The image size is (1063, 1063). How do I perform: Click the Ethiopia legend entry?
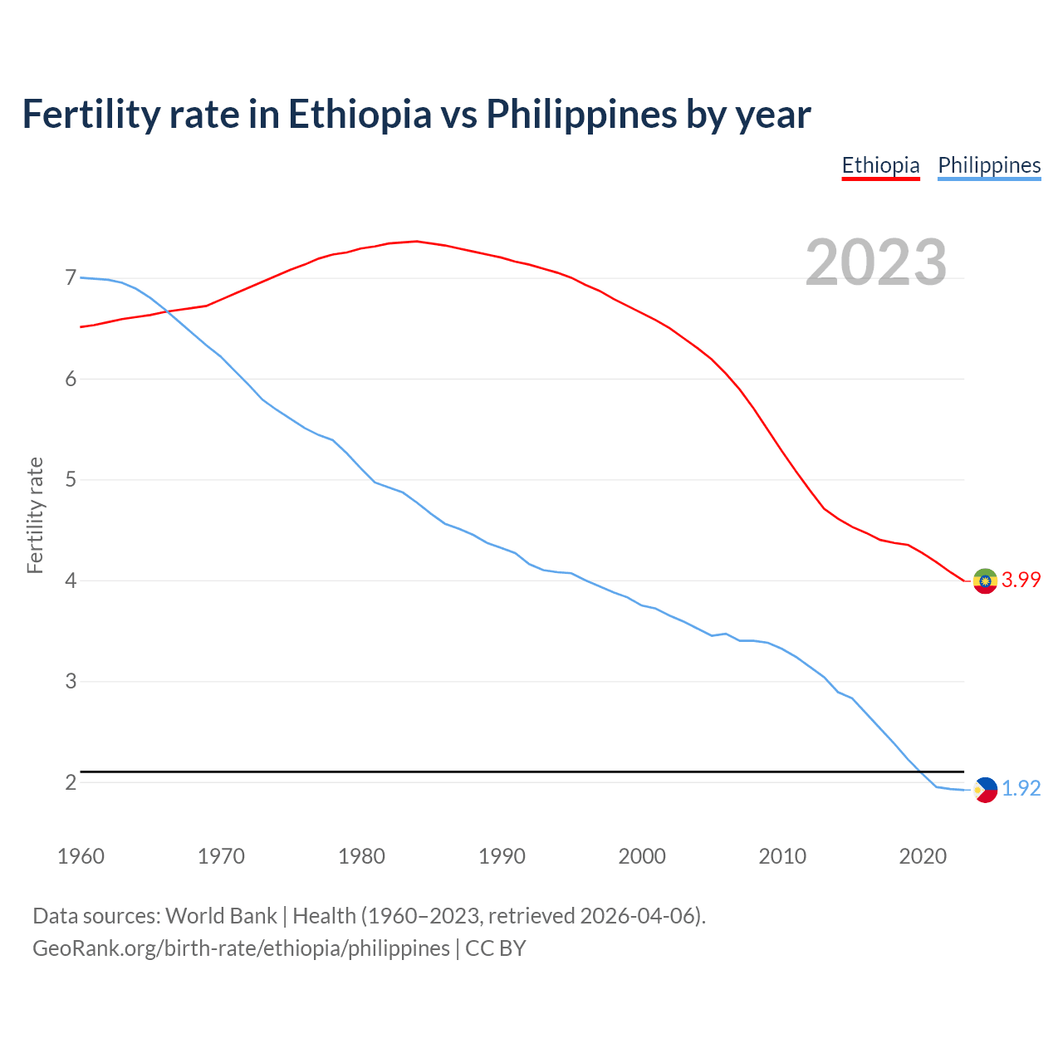[x=880, y=165]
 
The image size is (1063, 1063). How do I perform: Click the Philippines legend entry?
[x=989, y=165]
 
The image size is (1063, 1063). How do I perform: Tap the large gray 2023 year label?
[x=875, y=262]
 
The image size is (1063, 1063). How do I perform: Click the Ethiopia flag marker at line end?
[x=985, y=580]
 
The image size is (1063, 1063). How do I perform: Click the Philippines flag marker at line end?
[x=985, y=789]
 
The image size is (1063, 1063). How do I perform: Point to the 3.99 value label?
[x=1021, y=580]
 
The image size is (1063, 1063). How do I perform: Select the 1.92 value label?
[x=1021, y=789]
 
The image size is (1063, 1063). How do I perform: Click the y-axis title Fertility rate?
[x=35, y=515]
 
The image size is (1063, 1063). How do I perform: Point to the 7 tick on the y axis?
[x=71, y=278]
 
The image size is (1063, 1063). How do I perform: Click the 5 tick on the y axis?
[x=71, y=480]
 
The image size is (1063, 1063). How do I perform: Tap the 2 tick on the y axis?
[x=71, y=782]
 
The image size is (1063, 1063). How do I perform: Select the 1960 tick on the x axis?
[x=81, y=856]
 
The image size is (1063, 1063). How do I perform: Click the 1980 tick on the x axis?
[x=361, y=856]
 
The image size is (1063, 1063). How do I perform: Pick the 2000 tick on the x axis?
[x=642, y=856]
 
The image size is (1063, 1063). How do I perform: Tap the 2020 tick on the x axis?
[x=923, y=856]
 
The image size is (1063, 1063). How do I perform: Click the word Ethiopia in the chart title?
[x=360, y=115]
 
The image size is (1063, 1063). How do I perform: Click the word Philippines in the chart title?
[x=581, y=115]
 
